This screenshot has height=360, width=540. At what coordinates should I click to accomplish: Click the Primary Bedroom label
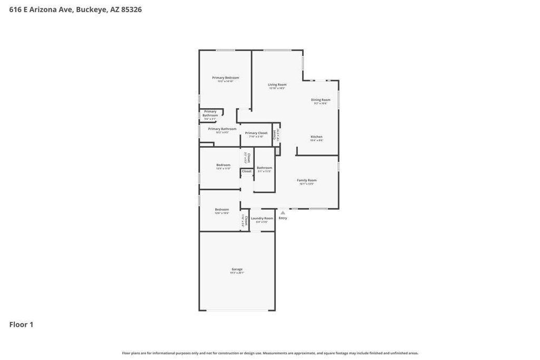[x=225, y=78]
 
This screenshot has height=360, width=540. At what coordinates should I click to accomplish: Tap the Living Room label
[x=277, y=85]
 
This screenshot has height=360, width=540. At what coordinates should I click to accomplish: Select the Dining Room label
[x=321, y=100]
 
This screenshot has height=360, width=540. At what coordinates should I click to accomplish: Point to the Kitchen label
[x=316, y=137]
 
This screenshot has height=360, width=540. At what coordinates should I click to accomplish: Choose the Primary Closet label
[x=256, y=133]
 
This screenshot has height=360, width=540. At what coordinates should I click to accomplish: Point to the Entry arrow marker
[x=283, y=213]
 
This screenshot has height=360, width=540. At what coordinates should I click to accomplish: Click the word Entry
[x=283, y=218]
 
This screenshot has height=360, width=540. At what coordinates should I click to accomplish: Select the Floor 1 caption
[x=21, y=325]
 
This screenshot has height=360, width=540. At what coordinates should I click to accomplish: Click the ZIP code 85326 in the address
[x=131, y=9]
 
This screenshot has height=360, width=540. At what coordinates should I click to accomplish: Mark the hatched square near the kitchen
[x=277, y=151]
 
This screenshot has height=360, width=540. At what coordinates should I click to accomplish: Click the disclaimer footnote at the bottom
[x=270, y=353]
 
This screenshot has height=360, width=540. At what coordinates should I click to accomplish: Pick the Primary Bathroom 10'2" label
[x=222, y=129]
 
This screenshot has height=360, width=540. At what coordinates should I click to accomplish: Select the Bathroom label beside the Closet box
[x=264, y=168]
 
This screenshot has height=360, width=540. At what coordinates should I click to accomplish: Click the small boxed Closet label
[x=247, y=171]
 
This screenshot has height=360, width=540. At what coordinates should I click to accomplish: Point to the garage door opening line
[x=237, y=310]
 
